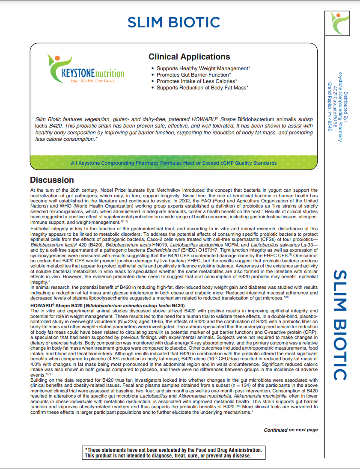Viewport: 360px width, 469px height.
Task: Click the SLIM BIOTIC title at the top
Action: (x=174, y=22)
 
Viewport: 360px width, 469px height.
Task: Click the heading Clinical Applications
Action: (x=189, y=57)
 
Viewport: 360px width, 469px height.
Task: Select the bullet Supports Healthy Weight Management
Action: (x=203, y=68)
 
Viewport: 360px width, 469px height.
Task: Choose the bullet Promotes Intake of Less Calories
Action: (x=196, y=81)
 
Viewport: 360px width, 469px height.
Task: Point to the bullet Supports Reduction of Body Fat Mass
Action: (x=202, y=88)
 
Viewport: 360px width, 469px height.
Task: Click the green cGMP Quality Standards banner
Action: (x=174, y=163)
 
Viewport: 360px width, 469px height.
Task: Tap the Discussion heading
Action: (x=52, y=180)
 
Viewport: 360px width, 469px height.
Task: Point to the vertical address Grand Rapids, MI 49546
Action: (x=330, y=107)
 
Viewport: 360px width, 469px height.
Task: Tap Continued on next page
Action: (x=291, y=430)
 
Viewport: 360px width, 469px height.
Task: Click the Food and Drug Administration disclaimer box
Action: (x=173, y=453)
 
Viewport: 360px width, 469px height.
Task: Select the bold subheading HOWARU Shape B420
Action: (x=107, y=305)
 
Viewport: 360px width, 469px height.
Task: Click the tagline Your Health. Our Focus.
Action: (x=92, y=81)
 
